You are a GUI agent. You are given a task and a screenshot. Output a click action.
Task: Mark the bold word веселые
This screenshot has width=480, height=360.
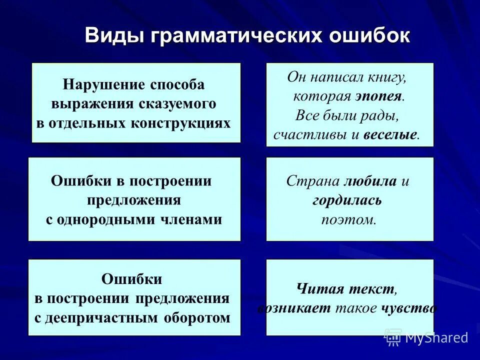(390, 135)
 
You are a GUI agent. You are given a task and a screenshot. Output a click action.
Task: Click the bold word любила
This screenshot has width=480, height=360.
(371, 181)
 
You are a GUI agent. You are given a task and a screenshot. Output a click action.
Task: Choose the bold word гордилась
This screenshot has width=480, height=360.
(347, 200)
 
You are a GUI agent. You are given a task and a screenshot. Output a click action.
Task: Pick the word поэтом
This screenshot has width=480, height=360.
(348, 219)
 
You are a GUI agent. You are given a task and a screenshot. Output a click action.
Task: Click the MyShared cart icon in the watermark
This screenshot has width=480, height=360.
(393, 337)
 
